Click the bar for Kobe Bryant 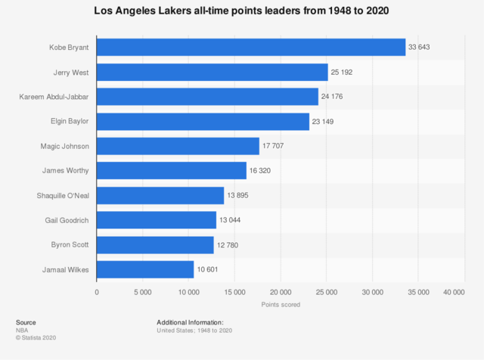coord(251,48)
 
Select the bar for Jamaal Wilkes coord(145,269)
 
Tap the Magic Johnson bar coord(178,146)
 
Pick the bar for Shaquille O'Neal coord(160,195)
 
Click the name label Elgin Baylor coord(70,122)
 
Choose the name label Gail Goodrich coord(68,220)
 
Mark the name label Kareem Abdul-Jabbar coord(54,97)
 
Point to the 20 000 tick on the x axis coord(281,292)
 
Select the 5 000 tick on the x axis coord(143,292)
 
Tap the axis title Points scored coord(281,305)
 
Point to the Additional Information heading coord(190,322)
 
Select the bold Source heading coord(26,322)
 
